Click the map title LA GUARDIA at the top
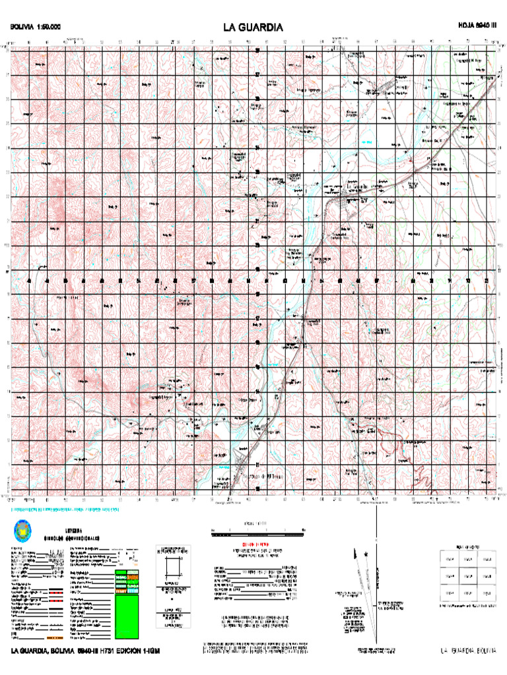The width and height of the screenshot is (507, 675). [253, 28]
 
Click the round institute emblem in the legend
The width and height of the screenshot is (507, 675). [24, 529]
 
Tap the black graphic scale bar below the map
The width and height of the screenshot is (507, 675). [257, 530]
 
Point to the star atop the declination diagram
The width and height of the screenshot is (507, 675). [365, 554]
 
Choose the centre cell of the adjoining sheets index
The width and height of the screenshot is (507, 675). [468, 575]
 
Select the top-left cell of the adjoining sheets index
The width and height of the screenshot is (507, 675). [450, 559]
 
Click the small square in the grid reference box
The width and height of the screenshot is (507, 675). [172, 566]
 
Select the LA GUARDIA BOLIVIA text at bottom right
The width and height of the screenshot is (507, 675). [468, 651]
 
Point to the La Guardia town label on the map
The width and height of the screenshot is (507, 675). [356, 187]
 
